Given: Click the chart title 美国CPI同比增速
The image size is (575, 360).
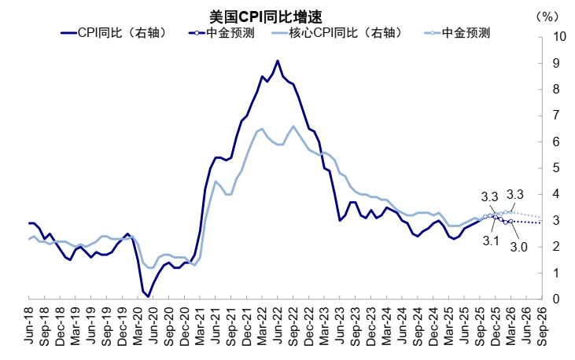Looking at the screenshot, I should tap(265, 17).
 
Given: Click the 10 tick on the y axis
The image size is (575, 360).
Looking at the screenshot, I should tap(559, 36).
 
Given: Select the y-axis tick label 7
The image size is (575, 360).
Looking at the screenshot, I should tap(557, 116).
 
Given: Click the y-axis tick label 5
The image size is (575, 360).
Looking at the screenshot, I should tap(557, 168).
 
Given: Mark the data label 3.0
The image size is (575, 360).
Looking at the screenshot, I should tap(518, 246).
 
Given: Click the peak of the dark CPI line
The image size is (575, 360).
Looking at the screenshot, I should tap(278, 61).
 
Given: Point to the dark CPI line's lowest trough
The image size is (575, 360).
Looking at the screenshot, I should tap(148, 296).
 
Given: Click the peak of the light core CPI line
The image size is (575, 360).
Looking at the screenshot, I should tap(293, 126).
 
